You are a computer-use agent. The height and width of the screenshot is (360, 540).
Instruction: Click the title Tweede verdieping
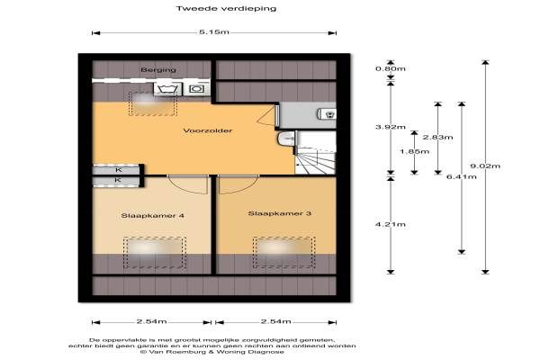click(x=226, y=8)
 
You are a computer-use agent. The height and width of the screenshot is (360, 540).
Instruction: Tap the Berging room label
click(x=158, y=70)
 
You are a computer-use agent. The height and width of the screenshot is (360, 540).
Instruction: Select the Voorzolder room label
click(x=208, y=130)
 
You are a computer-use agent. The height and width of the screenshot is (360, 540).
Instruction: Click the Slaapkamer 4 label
click(x=152, y=216)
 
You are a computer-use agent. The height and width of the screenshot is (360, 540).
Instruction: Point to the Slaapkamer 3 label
click(x=280, y=213)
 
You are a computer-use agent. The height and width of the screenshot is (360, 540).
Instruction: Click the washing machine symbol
click(x=167, y=89)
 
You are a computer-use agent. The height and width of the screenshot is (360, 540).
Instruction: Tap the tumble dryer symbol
click(x=196, y=89)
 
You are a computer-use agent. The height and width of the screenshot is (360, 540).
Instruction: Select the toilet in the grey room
click(x=327, y=113)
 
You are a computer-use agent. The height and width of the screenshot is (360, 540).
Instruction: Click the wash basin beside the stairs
click(x=286, y=139)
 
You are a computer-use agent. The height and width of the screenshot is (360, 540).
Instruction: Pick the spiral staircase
click(x=316, y=153)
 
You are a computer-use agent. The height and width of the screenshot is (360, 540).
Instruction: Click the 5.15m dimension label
click(x=214, y=32)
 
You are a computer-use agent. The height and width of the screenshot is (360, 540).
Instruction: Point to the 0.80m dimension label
click(x=391, y=68)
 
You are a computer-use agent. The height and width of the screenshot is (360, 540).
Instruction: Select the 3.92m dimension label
click(x=391, y=127)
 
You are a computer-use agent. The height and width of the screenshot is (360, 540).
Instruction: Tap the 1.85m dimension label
click(x=414, y=151)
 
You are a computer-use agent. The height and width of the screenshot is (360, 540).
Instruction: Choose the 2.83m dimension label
click(x=437, y=137)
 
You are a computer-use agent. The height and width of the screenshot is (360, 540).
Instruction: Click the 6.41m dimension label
click(x=462, y=176)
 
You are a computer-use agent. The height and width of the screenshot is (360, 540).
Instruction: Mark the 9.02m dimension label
click(x=485, y=166)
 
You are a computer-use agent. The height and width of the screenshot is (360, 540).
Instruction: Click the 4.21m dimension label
click(x=391, y=224)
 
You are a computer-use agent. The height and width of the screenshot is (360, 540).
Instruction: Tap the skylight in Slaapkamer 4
click(x=155, y=253)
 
